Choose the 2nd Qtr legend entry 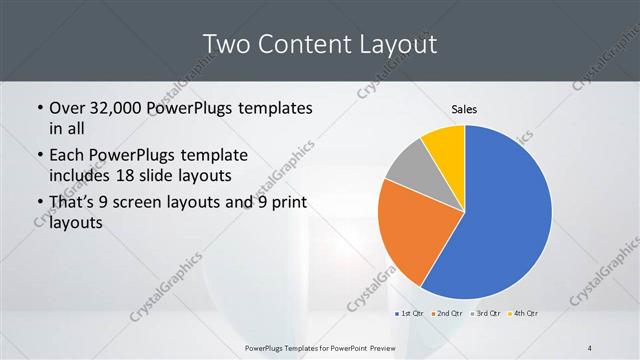(x=446, y=315)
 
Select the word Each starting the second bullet (x=67, y=155)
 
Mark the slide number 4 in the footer (x=590, y=347)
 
